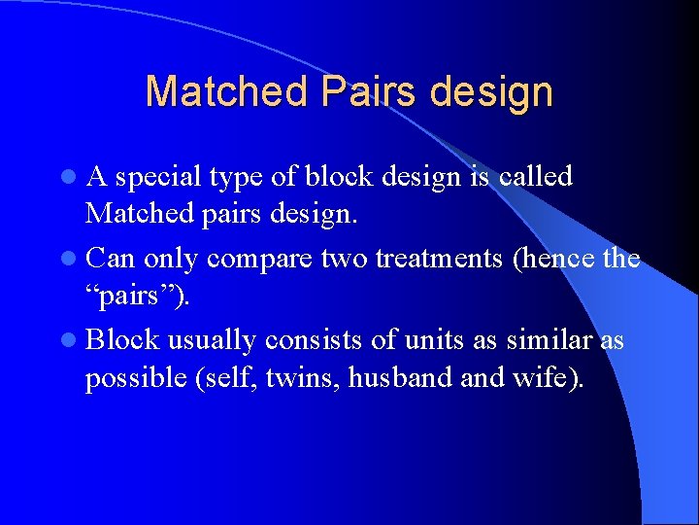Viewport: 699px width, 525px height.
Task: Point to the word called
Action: [x=535, y=177]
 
